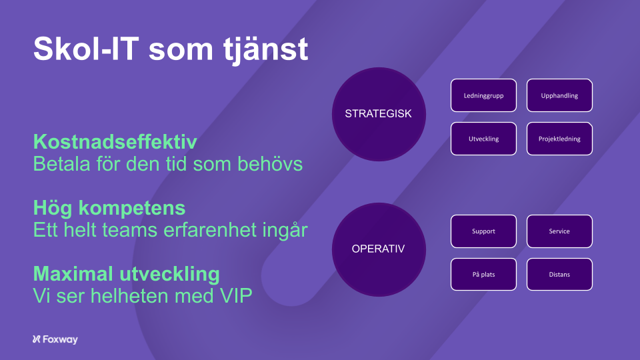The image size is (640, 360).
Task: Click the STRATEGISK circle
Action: click(379, 114)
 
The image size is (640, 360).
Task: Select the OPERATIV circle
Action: click(379, 249)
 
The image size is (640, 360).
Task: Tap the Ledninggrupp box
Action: click(484, 95)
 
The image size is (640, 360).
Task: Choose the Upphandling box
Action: click(559, 95)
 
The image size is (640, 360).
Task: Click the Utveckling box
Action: click(484, 139)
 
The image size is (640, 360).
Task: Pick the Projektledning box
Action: click(559, 139)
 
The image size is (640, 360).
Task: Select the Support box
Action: click(484, 231)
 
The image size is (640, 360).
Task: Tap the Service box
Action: click(559, 231)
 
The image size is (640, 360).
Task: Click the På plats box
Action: click(484, 274)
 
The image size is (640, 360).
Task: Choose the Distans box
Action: click(559, 274)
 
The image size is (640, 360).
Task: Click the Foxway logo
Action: click(55, 339)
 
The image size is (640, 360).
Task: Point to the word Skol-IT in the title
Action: click(86, 49)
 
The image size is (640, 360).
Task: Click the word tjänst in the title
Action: click(266, 51)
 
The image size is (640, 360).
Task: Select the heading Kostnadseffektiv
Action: click(115, 142)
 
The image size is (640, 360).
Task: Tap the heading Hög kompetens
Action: click(109, 208)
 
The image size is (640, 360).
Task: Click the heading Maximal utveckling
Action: click(127, 274)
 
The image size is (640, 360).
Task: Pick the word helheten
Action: click(129, 296)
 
